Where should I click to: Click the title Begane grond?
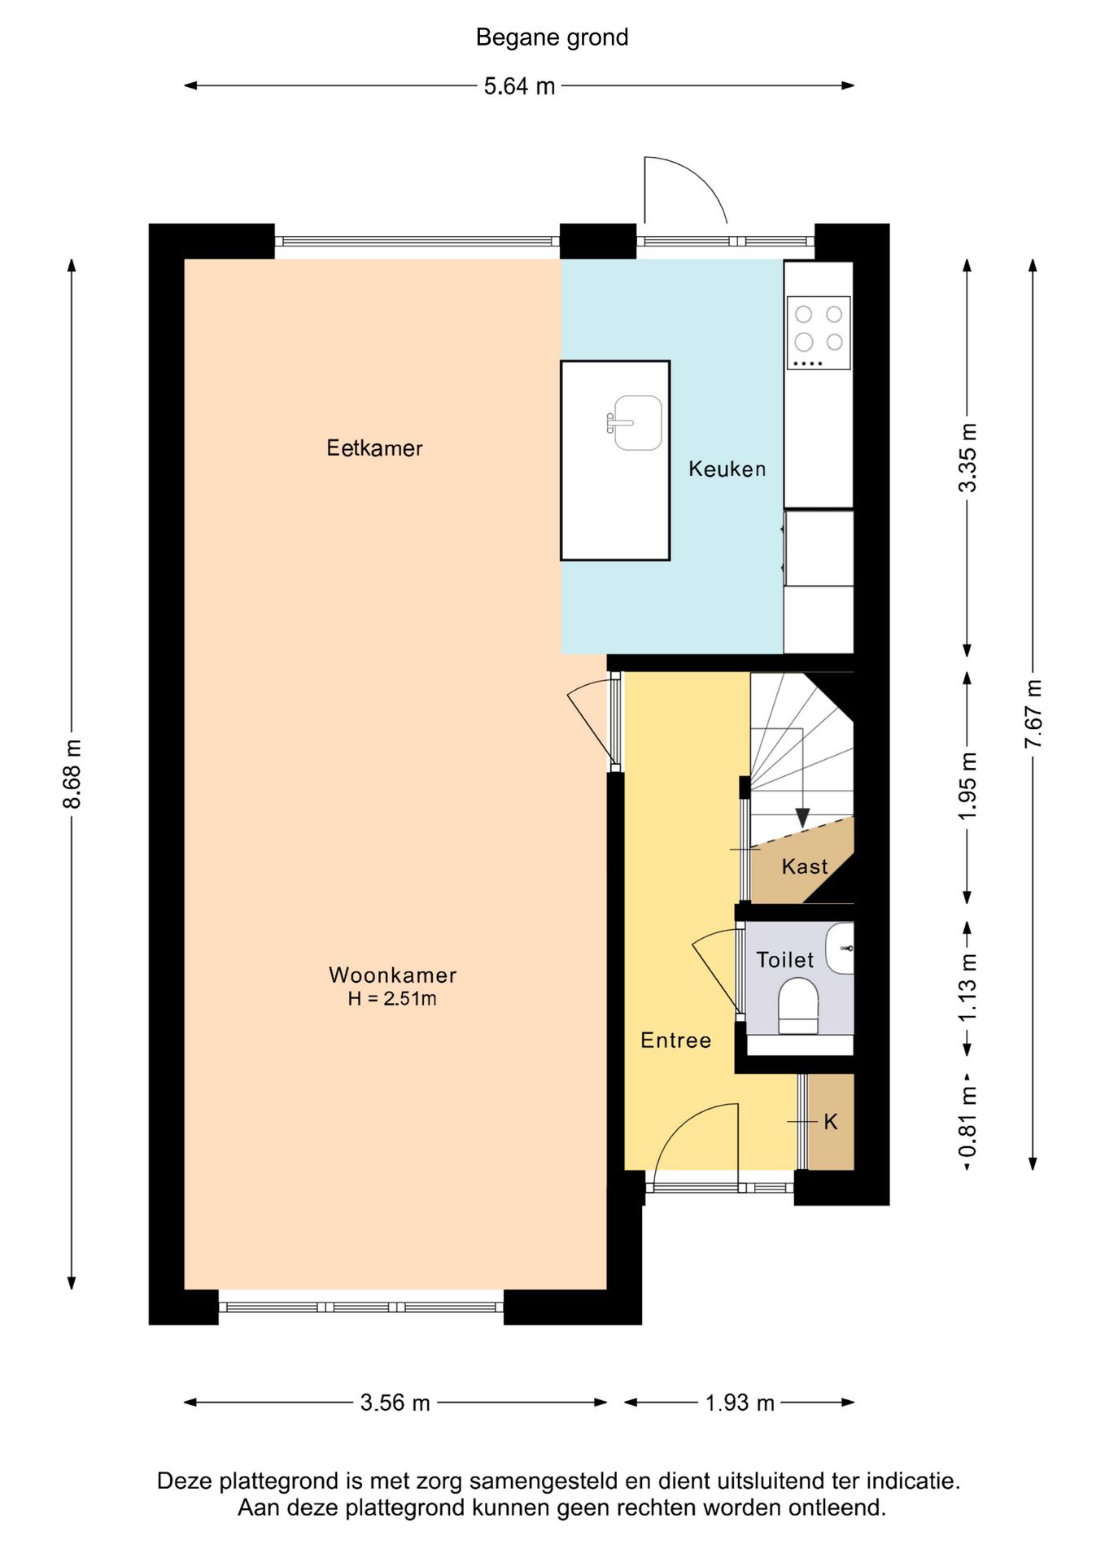(552, 37)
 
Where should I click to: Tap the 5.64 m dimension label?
(519, 85)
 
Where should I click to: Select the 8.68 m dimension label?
(72, 774)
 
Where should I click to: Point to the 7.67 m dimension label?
(1033, 713)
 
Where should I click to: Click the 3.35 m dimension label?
(967, 458)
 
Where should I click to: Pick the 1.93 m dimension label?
(739, 1403)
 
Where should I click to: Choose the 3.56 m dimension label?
(395, 1403)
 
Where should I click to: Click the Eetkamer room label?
(374, 448)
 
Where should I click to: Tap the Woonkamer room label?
(392, 975)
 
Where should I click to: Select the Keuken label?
(727, 469)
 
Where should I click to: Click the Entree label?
(675, 1041)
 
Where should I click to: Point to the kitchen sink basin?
(637, 423)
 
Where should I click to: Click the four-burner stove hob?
(819, 333)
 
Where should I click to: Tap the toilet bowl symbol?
(798, 1006)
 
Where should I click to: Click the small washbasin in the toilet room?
(841, 949)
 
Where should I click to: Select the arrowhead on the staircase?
(802, 818)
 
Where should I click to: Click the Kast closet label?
(804, 866)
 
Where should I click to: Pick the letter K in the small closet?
(830, 1122)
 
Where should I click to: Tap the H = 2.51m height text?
(392, 998)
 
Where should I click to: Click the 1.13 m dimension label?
(967, 988)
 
